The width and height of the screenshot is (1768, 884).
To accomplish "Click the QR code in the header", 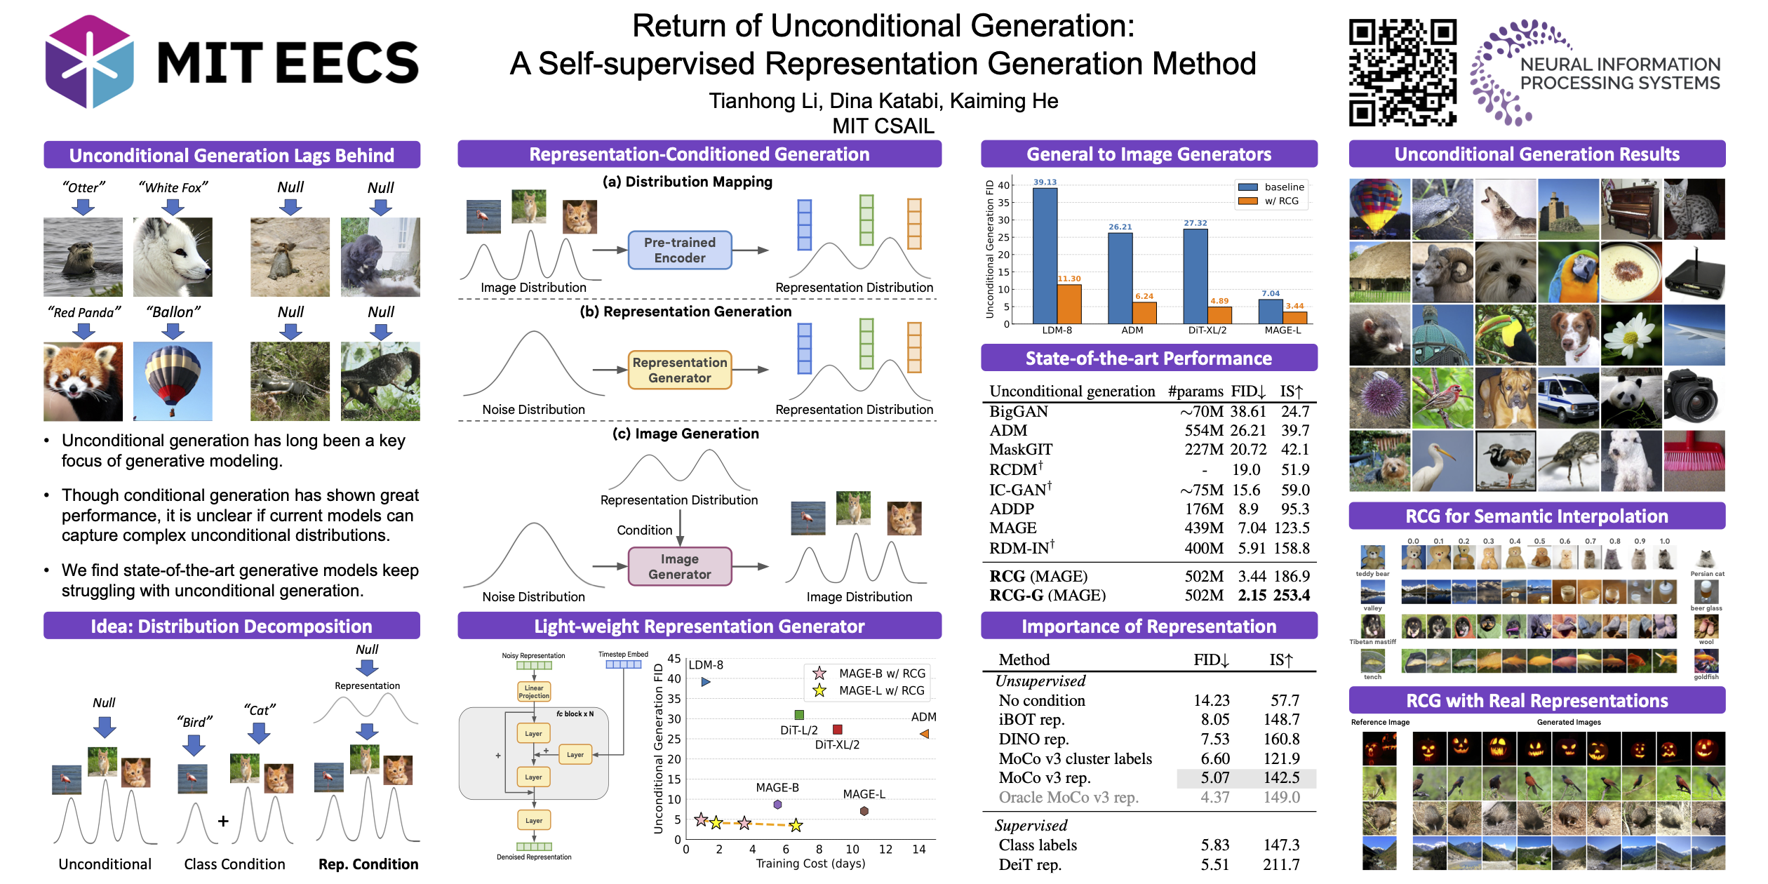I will click(x=1402, y=72).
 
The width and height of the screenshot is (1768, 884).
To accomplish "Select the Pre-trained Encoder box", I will click(x=679, y=250).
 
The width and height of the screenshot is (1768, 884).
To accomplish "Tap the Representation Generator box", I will click(x=679, y=370).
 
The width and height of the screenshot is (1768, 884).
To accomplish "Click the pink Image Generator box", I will click(x=679, y=567).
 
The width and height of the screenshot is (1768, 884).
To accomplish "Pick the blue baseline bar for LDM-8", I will click(x=1045, y=255).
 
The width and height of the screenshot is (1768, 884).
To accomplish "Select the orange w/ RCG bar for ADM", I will click(x=1144, y=313).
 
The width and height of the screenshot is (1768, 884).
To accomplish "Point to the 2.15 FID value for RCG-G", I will click(x=1252, y=596).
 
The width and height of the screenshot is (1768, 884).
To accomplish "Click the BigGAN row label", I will click(x=1019, y=412).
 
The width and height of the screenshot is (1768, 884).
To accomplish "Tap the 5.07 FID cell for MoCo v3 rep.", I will click(x=1214, y=778).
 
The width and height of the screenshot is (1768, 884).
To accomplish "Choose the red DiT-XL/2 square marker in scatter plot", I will click(x=837, y=730).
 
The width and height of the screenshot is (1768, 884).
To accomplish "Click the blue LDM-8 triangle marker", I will click(x=706, y=682).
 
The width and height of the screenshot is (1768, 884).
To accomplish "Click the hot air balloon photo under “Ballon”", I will click(x=173, y=381).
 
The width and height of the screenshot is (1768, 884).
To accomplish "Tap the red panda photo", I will click(x=83, y=381).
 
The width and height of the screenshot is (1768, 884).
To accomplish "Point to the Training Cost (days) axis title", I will click(x=810, y=864).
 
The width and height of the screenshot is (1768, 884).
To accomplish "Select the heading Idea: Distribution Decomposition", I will click(x=232, y=627).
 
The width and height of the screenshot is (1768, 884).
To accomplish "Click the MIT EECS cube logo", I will click(x=89, y=62).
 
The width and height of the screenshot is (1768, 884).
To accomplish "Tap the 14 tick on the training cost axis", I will click(x=918, y=850).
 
